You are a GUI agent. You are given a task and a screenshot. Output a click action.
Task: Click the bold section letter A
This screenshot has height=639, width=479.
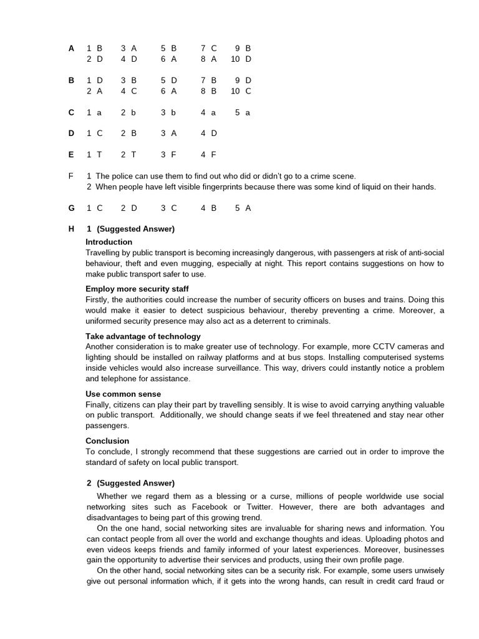tap(71, 48)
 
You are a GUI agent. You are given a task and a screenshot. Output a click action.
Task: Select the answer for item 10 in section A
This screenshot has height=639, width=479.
tap(248, 59)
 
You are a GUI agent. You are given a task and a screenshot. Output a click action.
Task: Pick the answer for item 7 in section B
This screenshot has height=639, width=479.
tap(214, 80)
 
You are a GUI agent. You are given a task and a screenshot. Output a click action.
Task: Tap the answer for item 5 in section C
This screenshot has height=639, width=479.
tap(248, 113)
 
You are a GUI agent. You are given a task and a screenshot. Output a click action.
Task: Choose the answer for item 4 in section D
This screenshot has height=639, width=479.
tap(214, 134)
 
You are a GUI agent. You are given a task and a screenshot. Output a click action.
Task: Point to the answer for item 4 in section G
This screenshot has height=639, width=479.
tap(214, 208)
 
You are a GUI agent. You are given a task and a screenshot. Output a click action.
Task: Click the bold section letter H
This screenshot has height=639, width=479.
tap(71, 229)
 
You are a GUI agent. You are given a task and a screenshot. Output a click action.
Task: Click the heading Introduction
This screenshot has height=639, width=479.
tap(109, 242)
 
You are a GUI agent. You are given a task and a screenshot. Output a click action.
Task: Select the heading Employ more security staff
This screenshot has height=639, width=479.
tap(137, 289)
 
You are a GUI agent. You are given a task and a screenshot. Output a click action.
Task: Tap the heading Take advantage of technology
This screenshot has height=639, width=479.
tap(143, 336)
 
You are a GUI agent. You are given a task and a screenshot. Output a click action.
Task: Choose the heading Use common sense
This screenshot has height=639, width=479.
tap(123, 394)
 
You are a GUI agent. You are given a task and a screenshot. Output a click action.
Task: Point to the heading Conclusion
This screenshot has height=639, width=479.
tap(107, 441)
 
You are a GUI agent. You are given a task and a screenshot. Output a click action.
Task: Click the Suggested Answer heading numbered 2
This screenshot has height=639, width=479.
tap(130, 484)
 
